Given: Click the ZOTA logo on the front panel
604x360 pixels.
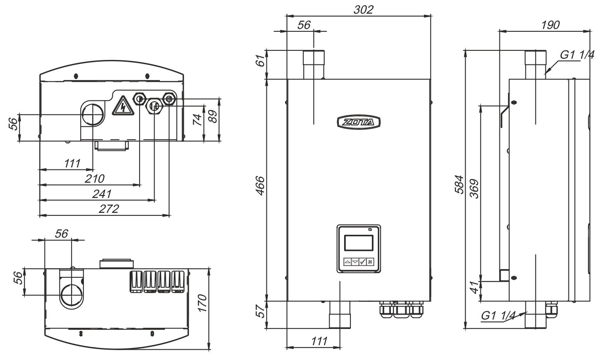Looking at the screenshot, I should [358, 122].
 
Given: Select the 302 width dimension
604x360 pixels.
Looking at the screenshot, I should [363, 9].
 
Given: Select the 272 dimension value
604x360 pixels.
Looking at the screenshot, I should [109, 208].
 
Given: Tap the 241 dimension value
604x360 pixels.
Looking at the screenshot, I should [102, 193].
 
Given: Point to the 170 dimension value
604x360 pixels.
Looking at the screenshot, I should [202, 303].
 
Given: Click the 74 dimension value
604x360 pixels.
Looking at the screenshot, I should [198, 120].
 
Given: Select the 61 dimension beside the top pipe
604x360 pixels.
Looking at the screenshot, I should [260, 62].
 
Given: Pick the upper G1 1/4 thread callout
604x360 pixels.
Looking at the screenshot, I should [577, 55].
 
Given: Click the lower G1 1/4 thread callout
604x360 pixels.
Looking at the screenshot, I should [498, 315].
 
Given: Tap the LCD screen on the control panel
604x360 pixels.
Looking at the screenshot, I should [359, 242].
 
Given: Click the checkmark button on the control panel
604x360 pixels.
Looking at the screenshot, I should [362, 262].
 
